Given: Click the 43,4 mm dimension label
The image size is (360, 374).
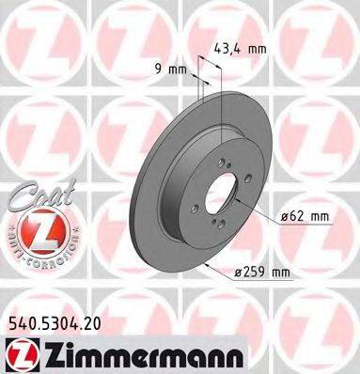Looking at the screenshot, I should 241,49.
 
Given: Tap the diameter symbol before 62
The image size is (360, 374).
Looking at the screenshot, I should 285,217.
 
